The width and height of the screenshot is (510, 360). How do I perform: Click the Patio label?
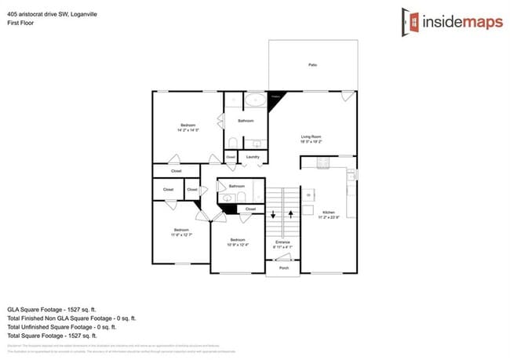312,65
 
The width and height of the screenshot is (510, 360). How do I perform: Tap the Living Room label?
312,136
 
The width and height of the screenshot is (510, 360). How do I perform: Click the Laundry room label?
253,157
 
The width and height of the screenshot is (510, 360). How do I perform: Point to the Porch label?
283,267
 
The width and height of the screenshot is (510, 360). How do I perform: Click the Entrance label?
282,242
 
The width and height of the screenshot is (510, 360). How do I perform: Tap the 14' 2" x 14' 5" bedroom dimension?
188,130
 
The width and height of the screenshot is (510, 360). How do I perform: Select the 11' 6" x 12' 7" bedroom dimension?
181,234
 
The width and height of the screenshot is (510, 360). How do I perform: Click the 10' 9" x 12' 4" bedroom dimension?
238,244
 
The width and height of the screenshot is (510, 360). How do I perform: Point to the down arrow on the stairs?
273,213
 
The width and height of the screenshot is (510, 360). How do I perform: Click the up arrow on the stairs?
290,213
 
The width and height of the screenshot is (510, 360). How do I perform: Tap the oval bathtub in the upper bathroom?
254,100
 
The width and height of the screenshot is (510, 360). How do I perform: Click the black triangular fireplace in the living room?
275,100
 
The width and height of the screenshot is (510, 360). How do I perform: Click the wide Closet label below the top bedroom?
176,170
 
